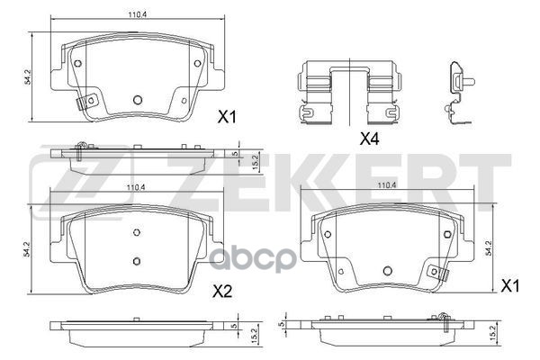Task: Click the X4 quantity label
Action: point(370,139)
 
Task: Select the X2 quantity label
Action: point(221,290)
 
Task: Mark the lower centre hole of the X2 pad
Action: point(138,261)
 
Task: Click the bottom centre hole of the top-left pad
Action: point(138,100)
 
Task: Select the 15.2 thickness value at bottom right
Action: point(489,335)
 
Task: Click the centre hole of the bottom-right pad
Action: point(385,271)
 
